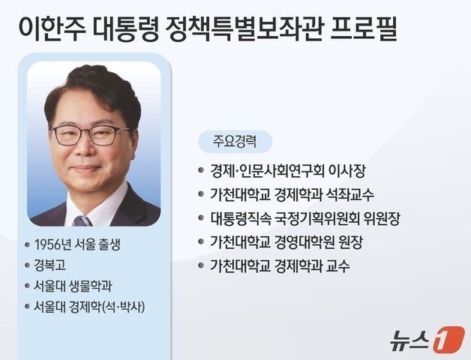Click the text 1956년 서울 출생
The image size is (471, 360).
pos(78,245)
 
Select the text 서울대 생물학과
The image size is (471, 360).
pos(73,286)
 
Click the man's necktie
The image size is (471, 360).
pos(83,219)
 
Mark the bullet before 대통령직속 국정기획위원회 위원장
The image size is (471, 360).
pos(200,218)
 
